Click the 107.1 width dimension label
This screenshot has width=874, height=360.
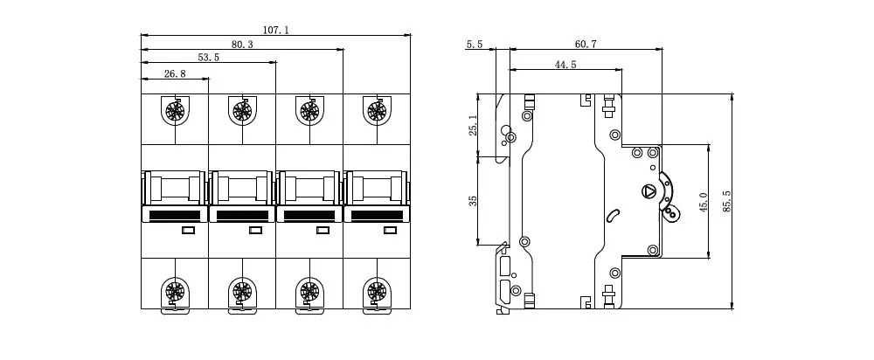pos(276,30)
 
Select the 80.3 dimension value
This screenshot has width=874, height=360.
pos(242,45)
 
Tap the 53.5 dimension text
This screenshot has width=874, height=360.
pos(209,58)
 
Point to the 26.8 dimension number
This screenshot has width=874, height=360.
pos(175,73)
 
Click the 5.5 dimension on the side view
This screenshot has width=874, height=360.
pos(475,44)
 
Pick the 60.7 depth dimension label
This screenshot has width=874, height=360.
pos(586,44)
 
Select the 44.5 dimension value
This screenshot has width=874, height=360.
pos(565,65)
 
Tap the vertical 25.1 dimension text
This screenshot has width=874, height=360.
pos(473,125)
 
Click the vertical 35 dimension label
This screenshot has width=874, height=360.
pos(473,201)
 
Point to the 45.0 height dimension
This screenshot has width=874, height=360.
pos(703,202)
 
